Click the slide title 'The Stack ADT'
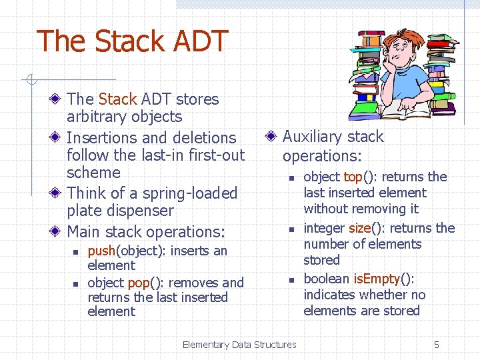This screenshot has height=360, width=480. (132, 41)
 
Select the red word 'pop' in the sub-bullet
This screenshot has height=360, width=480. (138, 283)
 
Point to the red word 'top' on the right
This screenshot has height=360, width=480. (352, 177)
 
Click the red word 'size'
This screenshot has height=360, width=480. (360, 228)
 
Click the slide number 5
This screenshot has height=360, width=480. (437, 345)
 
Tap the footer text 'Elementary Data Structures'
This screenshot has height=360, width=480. (239, 345)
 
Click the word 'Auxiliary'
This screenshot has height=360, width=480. (312, 137)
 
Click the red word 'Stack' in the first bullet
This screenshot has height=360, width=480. (117, 99)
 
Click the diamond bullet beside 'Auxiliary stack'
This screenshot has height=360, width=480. (271, 137)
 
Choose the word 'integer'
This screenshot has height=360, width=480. (324, 228)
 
